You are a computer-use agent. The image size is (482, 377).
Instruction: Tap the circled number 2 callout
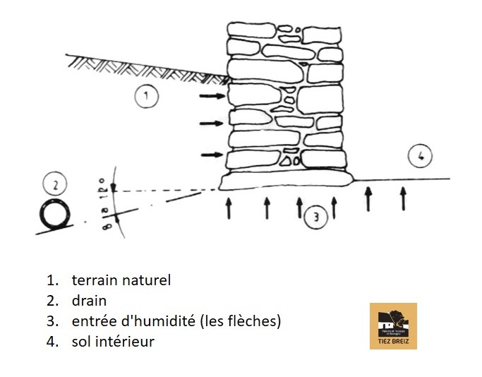pos(54,186)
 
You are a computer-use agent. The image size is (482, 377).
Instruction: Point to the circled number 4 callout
pos(420,157)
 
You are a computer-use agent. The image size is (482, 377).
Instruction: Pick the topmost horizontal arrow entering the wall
pos(212,95)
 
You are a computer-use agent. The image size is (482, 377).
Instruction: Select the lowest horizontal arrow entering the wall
pos(212,155)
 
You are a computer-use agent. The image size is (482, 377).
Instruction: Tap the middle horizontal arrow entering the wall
pos(212,124)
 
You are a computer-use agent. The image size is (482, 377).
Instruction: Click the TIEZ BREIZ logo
pos(393,325)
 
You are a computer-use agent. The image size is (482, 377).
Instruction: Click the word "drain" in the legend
pos(89,301)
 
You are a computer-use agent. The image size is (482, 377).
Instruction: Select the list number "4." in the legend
pos(53,342)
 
